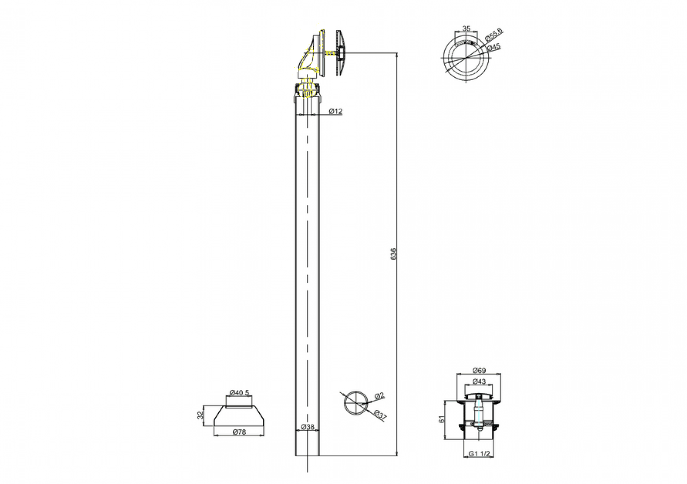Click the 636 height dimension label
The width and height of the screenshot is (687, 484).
pos(394,254)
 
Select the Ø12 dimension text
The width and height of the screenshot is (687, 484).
pos(335,111)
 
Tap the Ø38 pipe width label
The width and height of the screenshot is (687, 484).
pos(308,427)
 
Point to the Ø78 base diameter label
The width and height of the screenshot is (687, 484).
pos(239,432)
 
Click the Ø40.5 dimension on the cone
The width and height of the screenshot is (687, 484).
pos(239,392)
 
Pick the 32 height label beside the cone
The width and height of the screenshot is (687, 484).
pos(200,415)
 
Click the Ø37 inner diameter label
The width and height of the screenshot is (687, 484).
pos(380,415)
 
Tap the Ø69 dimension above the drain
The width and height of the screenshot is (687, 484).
pos(479,371)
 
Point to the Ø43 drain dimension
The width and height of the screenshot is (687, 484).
pos(479,382)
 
